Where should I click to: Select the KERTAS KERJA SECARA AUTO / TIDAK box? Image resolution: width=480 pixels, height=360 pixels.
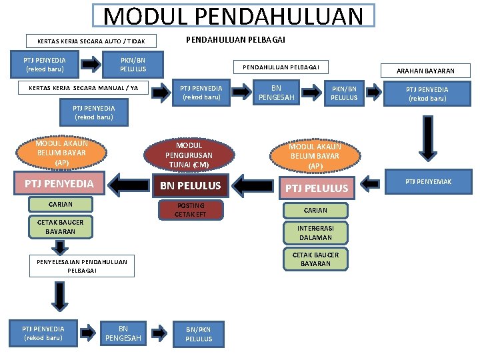91,41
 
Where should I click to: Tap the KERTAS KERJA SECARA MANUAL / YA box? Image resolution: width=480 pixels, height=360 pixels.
83,88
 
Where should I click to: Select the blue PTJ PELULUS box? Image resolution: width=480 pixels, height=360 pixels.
317,188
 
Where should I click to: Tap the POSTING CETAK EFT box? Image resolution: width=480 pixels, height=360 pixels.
190,210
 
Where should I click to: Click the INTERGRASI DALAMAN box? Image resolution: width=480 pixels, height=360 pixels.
315,233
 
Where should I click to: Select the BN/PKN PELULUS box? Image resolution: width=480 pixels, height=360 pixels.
199,334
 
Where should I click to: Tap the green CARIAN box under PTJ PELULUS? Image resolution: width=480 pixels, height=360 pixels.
315,211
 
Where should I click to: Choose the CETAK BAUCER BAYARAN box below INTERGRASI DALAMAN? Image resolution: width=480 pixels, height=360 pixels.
315,259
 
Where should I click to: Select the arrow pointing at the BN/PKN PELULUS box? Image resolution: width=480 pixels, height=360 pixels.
157,332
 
